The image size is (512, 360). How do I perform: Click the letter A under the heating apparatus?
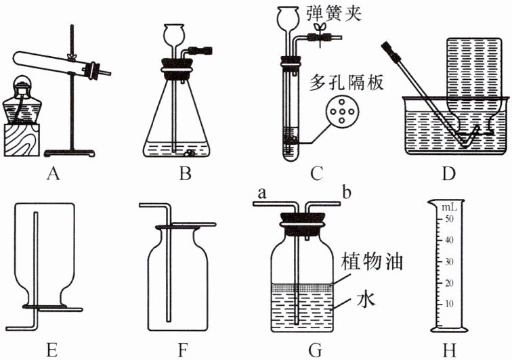54,174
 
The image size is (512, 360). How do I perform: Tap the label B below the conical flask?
185,174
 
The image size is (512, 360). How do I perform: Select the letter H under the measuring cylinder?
449,351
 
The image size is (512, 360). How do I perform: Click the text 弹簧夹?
334,14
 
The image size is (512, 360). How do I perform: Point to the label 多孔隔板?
346,83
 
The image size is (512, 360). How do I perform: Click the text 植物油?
372,262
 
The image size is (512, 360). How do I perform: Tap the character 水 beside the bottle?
366,298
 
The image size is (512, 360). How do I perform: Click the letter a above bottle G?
262,194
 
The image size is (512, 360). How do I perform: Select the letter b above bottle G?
347,192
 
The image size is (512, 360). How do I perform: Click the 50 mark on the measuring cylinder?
449,219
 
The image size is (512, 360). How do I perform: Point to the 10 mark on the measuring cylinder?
449,304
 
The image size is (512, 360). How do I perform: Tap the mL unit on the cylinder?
449,208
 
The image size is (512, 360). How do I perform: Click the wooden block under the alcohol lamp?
22,140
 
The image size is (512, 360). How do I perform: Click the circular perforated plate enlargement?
342,112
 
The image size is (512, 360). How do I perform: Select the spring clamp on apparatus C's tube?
319,36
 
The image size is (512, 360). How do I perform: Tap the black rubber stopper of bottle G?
301,224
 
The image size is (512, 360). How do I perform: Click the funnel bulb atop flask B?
174,34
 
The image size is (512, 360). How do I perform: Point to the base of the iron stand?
70,153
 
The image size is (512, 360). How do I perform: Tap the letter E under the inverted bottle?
52,351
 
